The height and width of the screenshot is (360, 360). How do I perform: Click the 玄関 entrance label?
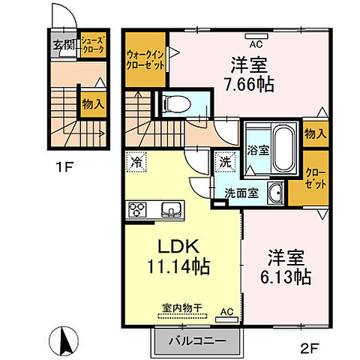(x=63, y=45)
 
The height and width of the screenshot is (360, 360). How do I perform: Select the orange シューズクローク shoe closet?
(x=93, y=43)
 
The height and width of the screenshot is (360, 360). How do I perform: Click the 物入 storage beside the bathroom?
(x=315, y=134)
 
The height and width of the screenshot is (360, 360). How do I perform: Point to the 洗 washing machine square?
(x=226, y=160)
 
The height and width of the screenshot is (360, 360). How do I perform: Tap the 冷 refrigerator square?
(x=136, y=160)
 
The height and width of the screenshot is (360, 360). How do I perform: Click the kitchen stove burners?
(x=136, y=208)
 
